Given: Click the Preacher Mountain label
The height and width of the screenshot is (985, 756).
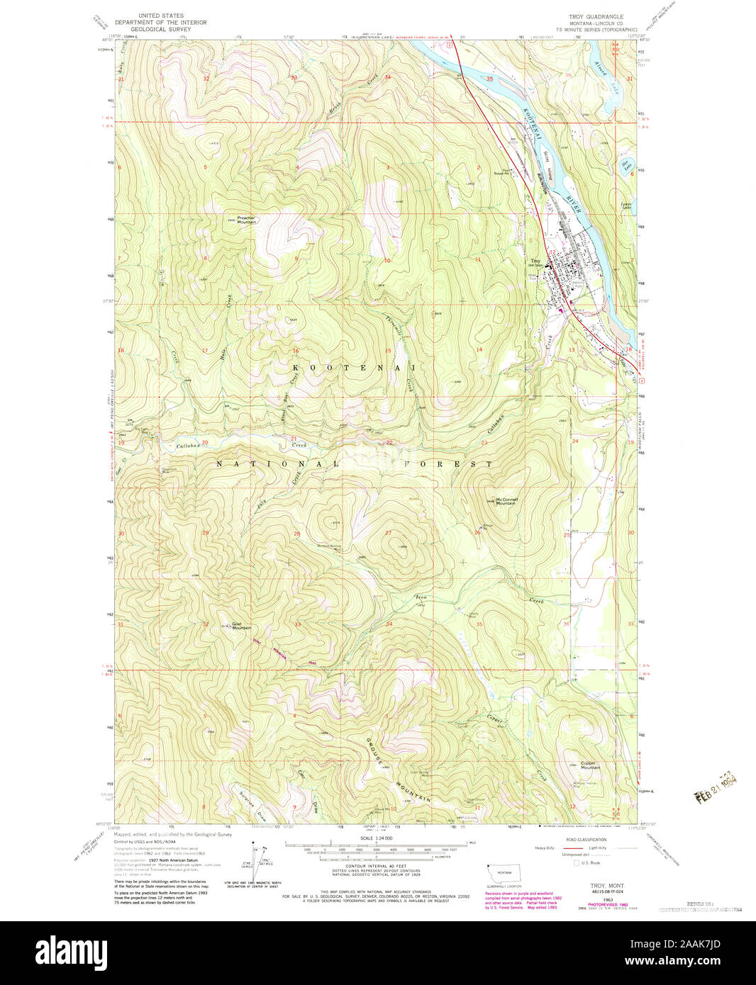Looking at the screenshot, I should [x=242, y=220].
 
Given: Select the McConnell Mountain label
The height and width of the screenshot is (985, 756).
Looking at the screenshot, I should [x=506, y=501].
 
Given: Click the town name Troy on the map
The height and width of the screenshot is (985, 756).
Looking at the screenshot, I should [x=536, y=261].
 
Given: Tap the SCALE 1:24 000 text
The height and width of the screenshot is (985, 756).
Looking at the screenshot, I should [x=377, y=838].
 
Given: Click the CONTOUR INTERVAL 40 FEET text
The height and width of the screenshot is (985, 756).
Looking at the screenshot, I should [x=377, y=867].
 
